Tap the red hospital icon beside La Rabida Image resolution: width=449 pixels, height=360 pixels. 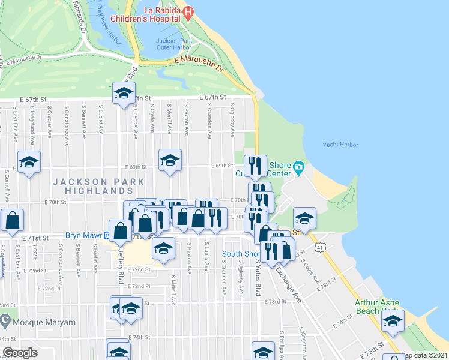[x=188, y=12]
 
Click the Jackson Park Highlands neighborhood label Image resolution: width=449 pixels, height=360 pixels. [x=98, y=185]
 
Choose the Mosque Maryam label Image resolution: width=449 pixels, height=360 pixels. [x=46, y=322]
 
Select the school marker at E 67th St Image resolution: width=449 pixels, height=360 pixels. [x=124, y=94]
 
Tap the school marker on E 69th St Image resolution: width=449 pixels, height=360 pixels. [x=170, y=160]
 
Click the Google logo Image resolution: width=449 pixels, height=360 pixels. [x=20, y=353]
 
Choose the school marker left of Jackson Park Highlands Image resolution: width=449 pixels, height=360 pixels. [x=29, y=162]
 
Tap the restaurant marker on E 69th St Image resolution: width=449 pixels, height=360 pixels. [x=255, y=165]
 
